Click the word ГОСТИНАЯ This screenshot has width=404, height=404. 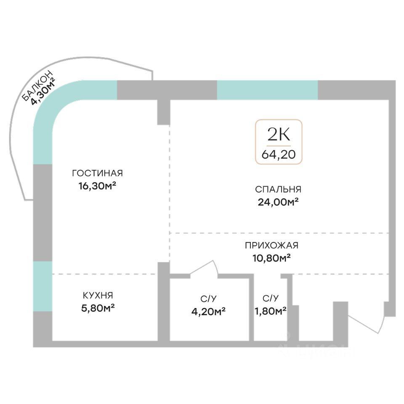(97, 173)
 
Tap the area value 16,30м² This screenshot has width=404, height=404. (97, 186)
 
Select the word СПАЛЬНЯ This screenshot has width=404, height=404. (278, 189)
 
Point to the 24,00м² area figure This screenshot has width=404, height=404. (278, 202)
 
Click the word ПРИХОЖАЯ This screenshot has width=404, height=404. (271, 245)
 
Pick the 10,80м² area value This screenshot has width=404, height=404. (271, 258)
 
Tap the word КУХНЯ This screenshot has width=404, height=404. (97, 295)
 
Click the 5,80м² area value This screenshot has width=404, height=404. (97, 308)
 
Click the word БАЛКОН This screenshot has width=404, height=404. (38, 86)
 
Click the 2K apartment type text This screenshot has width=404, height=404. (278, 135)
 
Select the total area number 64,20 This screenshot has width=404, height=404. (278, 154)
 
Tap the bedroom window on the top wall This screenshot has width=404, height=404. (267, 90)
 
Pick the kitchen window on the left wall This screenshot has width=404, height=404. (43, 286)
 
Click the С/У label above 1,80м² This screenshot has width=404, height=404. (271, 298)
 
